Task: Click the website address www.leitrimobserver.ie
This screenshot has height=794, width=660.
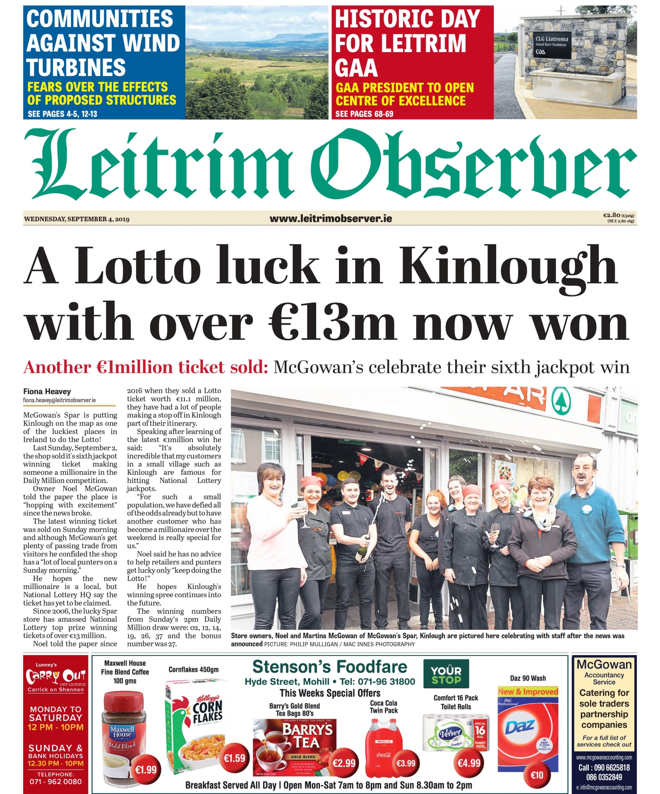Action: pos(331,218)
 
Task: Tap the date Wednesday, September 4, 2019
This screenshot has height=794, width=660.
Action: pos(77,219)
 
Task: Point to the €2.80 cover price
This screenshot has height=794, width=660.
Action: pos(611,215)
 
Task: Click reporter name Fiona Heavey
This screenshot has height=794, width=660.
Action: pos(47,391)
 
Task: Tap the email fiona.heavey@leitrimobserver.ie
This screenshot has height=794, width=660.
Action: pos(59,400)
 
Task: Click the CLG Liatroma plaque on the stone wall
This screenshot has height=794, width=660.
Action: pos(552,44)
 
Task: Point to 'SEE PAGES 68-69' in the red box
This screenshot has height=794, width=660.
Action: pos(364,114)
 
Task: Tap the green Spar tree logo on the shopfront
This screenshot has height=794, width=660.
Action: pos(559,400)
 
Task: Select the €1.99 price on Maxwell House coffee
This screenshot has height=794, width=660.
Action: pos(146,770)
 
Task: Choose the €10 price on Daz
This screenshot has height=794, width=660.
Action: pos(537,775)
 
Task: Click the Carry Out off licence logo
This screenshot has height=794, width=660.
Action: pos(55,677)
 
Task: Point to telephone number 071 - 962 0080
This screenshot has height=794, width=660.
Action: pos(55,782)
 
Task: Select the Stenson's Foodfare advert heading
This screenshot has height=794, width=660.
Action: pos(330,667)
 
